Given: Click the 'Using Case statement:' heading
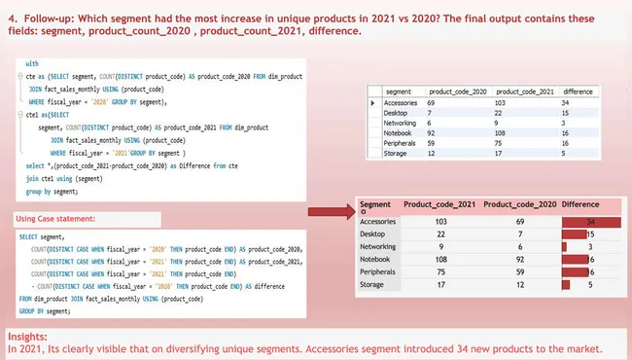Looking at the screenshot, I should [55, 218].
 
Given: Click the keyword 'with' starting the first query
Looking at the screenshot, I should [32, 61].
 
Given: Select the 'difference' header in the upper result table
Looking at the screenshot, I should [579, 90].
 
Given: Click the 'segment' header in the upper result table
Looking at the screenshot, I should [399, 90].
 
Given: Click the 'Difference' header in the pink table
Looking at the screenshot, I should [580, 205].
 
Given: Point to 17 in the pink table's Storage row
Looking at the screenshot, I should [440, 285].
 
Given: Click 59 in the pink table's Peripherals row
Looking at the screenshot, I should [522, 272].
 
